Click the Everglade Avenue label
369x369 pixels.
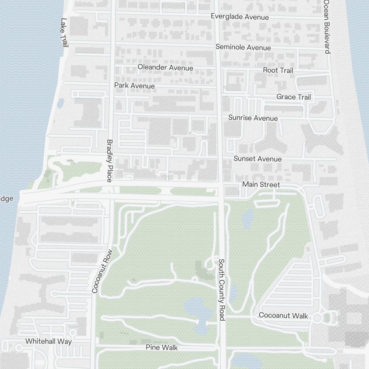(x=239, y=17)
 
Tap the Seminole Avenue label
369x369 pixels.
(x=243, y=47)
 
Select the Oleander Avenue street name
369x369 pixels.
(x=165, y=68)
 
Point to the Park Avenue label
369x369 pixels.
(x=134, y=86)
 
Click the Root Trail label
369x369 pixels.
(x=278, y=70)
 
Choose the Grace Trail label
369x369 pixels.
(x=293, y=97)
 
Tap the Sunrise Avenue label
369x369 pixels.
(x=253, y=118)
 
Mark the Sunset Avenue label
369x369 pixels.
(x=257, y=159)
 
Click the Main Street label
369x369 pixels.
(x=261, y=184)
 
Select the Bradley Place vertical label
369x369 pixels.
(x=109, y=161)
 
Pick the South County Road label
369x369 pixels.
(x=221, y=290)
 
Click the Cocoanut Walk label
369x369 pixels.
(x=283, y=315)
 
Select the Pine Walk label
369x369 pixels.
(x=162, y=347)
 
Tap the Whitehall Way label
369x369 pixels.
(x=48, y=341)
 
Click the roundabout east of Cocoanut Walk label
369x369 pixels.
(x=317, y=318)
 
